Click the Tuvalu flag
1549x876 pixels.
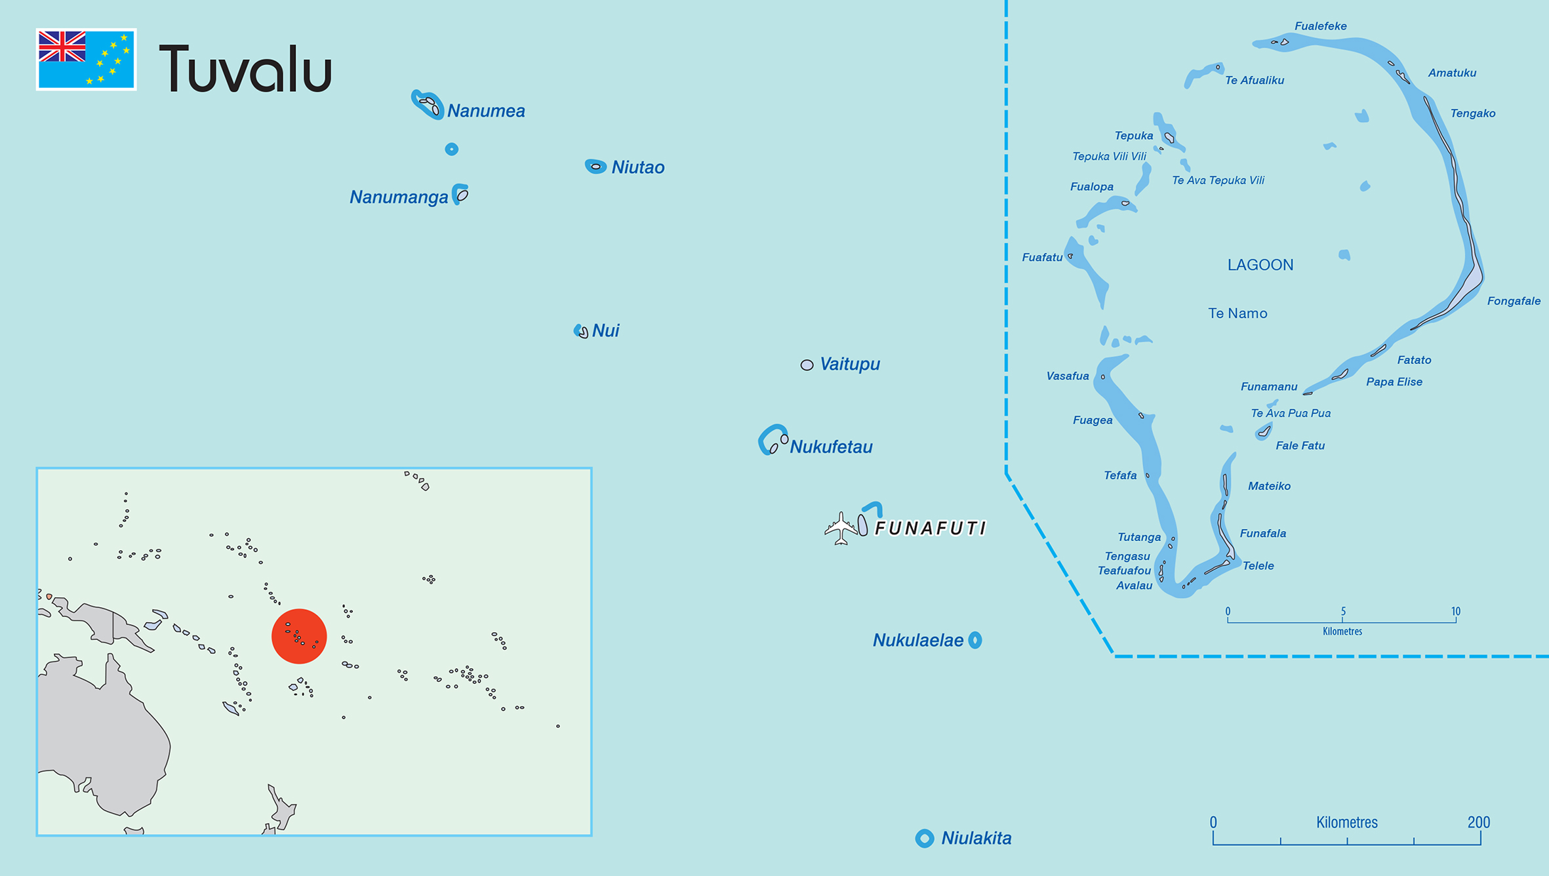[86, 59]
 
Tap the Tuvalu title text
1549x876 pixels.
[245, 69]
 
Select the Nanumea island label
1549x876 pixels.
[486, 111]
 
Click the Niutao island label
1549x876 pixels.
[637, 167]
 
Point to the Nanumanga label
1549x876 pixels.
[399, 197]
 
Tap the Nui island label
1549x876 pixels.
[605, 330]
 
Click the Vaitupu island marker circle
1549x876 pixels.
[807, 365]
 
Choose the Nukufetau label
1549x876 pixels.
[831, 447]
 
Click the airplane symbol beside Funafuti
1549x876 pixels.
[840, 528]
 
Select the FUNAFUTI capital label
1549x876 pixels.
[930, 528]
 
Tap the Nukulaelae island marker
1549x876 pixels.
[975, 640]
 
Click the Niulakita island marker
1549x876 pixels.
[925, 838]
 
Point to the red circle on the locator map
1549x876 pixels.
[299, 636]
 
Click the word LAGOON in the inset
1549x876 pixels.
[1260, 265]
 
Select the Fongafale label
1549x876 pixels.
[1514, 301]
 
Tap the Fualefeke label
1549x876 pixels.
[1320, 26]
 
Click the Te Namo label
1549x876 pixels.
[1237, 313]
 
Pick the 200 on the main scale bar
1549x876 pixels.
[1478, 822]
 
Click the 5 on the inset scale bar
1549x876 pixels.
[1342, 611]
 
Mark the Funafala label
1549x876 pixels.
[1262, 533]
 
